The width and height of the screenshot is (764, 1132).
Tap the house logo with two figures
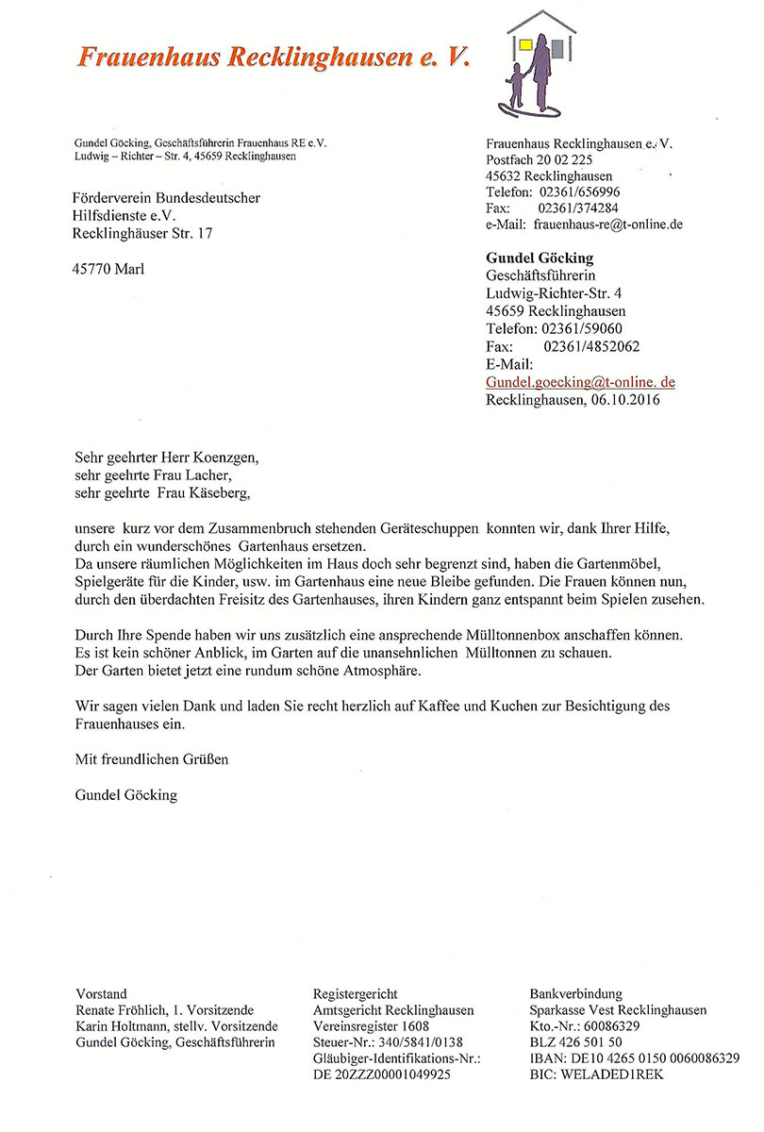click(537, 62)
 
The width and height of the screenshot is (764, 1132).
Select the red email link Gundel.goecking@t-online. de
click(580, 382)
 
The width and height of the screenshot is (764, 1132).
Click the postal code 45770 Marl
click(108, 269)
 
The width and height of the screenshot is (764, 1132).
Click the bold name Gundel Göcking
click(540, 258)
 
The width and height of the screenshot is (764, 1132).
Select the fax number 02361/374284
click(578, 208)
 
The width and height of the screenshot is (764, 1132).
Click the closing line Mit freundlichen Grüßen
click(151, 757)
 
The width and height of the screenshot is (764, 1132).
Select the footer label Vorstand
click(101, 993)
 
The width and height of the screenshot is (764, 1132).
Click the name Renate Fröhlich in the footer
click(121, 1010)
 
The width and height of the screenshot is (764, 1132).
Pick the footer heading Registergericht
click(355, 993)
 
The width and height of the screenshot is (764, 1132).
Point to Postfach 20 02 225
click(539, 159)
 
